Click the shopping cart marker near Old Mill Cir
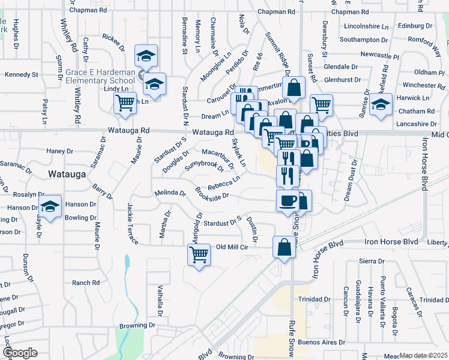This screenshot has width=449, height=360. (x=199, y=254)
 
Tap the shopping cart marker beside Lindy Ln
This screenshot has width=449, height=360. (x=125, y=103)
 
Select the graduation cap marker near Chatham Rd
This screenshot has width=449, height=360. (x=381, y=104)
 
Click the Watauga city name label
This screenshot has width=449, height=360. (x=67, y=174)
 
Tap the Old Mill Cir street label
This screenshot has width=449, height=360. (x=232, y=247)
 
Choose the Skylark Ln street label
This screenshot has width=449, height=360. (x=239, y=152)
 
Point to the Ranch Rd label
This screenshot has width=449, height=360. (x=85, y=283)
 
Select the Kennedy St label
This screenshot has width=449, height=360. (x=21, y=75)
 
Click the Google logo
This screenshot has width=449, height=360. (x=20, y=353)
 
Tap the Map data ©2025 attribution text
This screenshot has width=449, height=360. (x=423, y=355)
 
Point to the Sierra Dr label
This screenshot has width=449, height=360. (x=371, y=261)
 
